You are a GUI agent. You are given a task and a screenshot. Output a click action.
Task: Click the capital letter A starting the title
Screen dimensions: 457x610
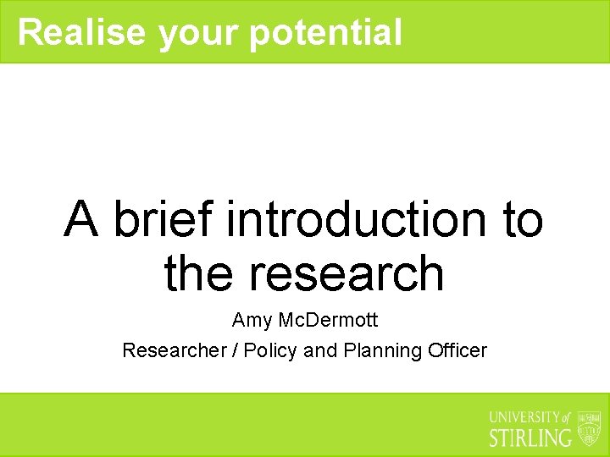click(82, 219)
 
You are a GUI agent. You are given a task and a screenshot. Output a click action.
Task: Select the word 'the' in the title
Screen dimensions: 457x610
click(200, 273)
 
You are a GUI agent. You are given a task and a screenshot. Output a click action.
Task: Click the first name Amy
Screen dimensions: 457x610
click(251, 322)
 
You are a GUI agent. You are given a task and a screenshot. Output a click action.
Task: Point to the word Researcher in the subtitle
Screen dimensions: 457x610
click(174, 350)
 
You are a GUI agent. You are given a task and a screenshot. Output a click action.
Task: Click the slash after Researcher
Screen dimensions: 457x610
click(235, 350)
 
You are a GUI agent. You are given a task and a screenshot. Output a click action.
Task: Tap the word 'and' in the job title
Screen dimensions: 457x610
click(320, 350)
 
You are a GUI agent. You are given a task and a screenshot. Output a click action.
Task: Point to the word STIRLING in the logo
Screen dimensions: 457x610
click(530, 438)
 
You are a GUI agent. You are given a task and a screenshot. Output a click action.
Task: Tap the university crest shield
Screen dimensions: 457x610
click(588, 428)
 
